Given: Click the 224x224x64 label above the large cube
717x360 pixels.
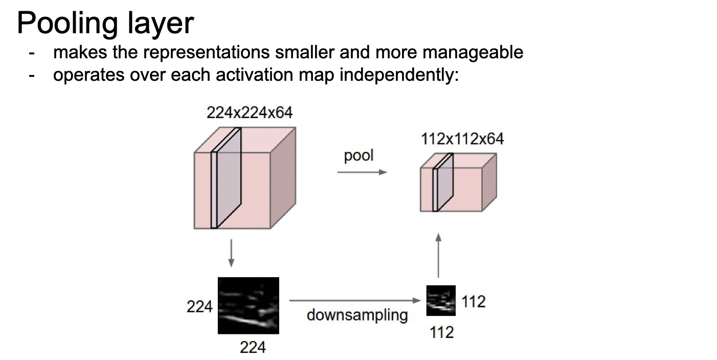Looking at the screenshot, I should [x=250, y=112].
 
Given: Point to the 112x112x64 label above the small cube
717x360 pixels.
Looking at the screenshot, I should [x=462, y=139].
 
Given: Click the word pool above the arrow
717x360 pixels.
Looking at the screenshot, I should [x=359, y=155].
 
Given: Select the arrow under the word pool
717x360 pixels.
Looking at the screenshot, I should [x=362, y=172].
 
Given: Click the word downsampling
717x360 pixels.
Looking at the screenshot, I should [x=357, y=315].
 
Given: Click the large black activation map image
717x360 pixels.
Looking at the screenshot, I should [x=249, y=305].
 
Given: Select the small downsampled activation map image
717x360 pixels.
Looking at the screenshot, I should [x=441, y=300].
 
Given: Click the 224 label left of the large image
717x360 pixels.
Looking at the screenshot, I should [x=199, y=307].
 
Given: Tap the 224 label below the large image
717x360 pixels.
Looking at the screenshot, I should [x=253, y=348].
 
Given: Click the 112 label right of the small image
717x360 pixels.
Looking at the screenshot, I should [x=473, y=302].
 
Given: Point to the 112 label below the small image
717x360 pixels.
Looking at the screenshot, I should [x=441, y=332].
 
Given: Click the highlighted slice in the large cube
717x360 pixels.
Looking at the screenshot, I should [x=226, y=178].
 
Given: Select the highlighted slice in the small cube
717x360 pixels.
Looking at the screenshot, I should [x=443, y=183].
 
